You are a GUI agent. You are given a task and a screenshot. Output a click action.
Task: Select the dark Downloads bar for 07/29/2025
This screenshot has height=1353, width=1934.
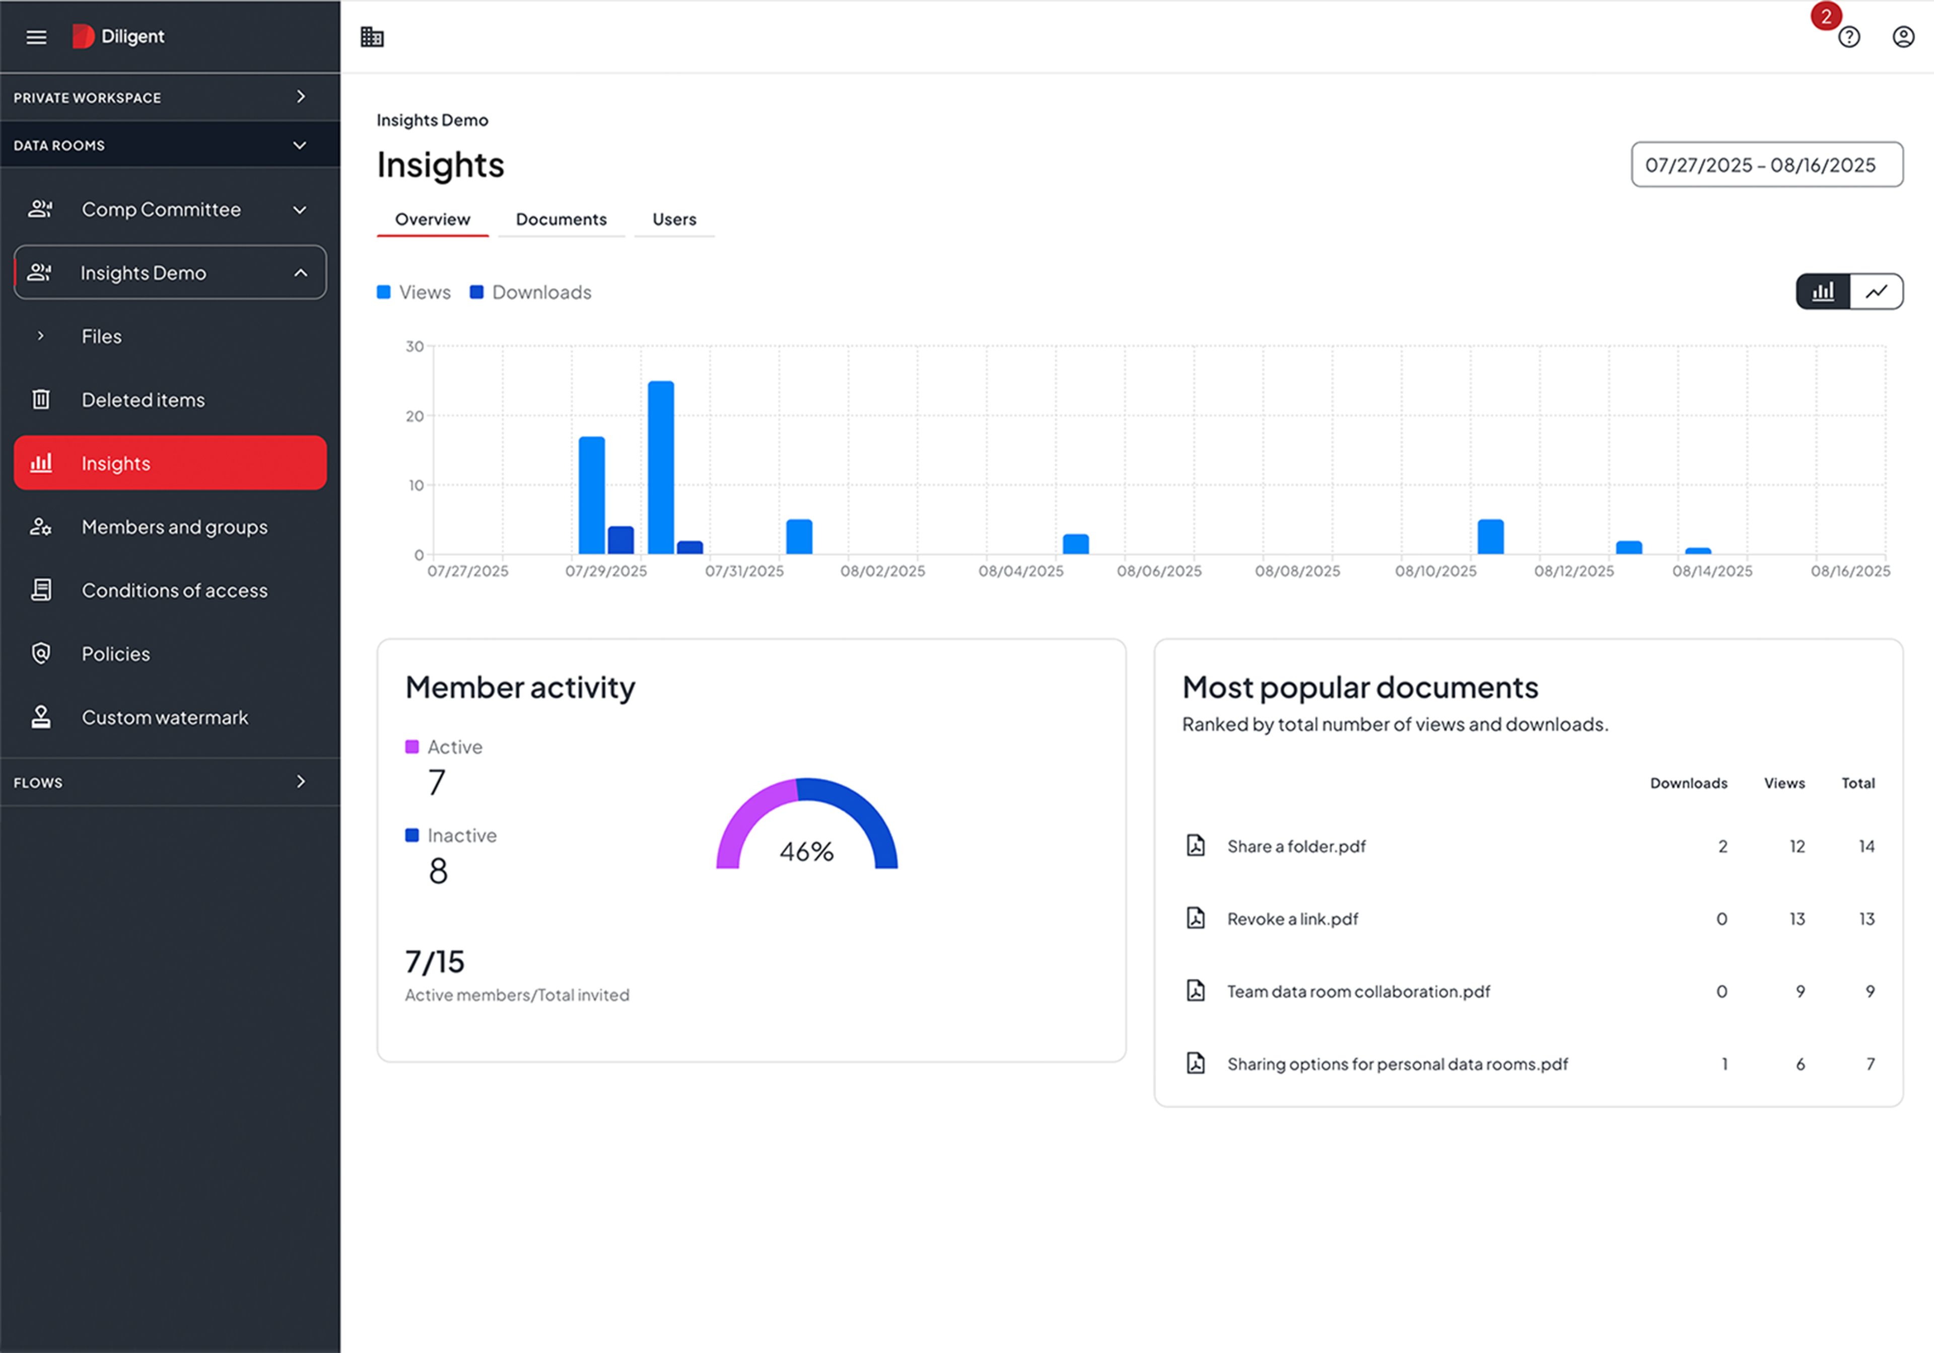coord(621,541)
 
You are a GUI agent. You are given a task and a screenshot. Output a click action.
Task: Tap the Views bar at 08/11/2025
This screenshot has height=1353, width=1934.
coord(1490,537)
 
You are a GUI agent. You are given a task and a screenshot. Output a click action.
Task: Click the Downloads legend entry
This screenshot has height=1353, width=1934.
coord(531,292)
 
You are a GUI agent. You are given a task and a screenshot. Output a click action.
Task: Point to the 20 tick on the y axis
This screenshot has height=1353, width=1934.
coord(415,416)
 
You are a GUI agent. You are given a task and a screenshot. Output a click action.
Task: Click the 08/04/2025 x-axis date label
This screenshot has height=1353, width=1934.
coord(1021,571)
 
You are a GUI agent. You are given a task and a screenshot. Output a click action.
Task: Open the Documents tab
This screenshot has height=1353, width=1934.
coord(561,220)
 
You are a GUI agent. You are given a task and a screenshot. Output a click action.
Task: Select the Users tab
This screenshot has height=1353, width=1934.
coord(674,220)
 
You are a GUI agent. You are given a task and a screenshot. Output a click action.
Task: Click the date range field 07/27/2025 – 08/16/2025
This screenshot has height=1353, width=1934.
coord(1766,165)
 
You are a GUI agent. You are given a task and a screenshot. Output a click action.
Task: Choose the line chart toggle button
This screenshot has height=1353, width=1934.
coord(1876,292)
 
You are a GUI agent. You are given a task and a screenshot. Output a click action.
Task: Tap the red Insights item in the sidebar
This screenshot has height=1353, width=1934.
coord(170,463)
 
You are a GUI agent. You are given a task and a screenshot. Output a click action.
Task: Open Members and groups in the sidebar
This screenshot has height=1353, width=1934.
coord(174,527)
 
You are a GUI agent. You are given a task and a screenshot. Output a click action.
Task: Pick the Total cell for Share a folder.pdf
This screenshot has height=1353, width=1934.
coord(1867,846)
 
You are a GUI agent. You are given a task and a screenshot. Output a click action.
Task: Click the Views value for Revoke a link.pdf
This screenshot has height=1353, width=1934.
coord(1797,919)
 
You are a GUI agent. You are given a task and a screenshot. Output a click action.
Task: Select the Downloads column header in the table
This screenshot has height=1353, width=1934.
coord(1688,783)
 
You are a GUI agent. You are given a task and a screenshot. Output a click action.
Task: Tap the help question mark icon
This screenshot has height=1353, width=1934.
coord(1849,37)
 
